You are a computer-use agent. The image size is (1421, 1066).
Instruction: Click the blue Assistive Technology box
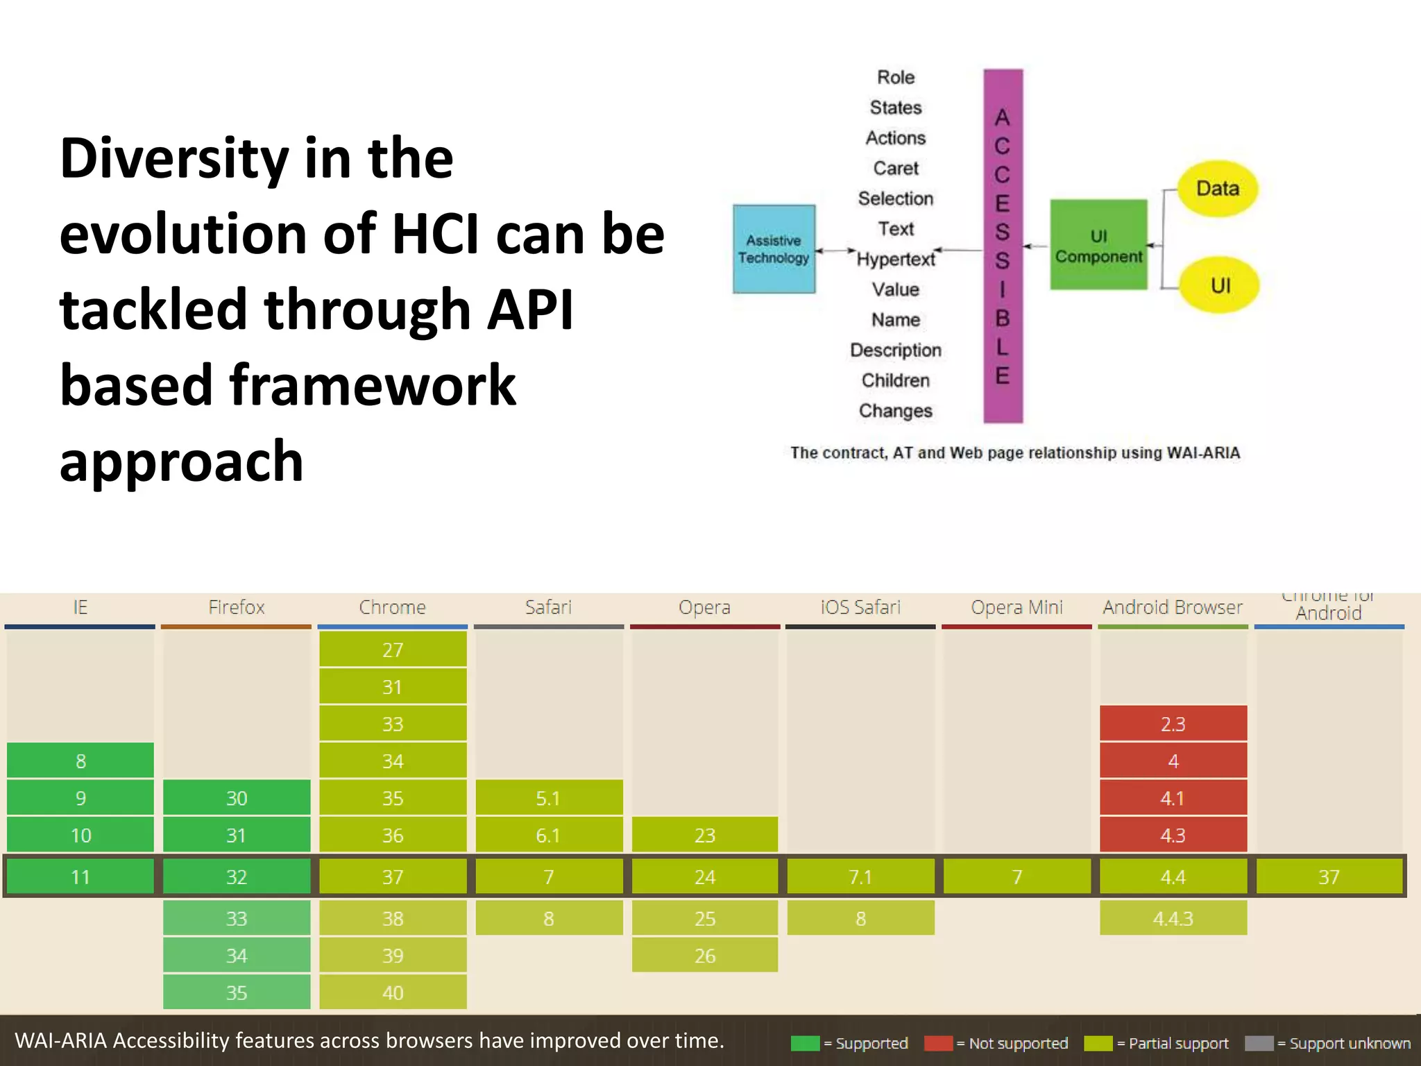(774, 249)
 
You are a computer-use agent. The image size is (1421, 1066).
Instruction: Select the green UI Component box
(1098, 245)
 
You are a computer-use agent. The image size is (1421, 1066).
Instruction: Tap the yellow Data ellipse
(1218, 189)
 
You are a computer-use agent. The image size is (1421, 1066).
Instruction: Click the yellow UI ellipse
(1220, 285)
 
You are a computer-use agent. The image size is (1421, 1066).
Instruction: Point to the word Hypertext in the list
(896, 260)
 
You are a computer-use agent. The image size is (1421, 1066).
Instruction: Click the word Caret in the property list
(896, 169)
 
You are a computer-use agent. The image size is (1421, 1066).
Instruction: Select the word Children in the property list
(896, 381)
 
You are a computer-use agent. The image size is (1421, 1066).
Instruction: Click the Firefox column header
(237, 607)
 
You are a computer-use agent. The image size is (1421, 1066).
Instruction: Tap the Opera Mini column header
(1016, 607)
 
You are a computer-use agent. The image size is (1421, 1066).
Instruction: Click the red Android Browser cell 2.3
(1173, 724)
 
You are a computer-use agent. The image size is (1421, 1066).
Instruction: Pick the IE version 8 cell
(80, 761)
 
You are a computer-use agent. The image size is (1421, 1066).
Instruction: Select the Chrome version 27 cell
(393, 650)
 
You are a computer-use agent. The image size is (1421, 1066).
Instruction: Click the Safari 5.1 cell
(548, 798)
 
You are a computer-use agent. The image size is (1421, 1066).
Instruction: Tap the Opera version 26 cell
(704, 956)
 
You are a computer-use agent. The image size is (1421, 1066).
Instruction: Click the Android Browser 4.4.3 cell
(1173, 918)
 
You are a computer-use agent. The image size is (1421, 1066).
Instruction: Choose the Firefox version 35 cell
(237, 992)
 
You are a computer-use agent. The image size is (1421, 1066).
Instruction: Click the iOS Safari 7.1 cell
(860, 877)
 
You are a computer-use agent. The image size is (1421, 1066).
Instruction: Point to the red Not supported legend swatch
(938, 1043)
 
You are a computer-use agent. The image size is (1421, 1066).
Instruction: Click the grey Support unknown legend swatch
(1259, 1043)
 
